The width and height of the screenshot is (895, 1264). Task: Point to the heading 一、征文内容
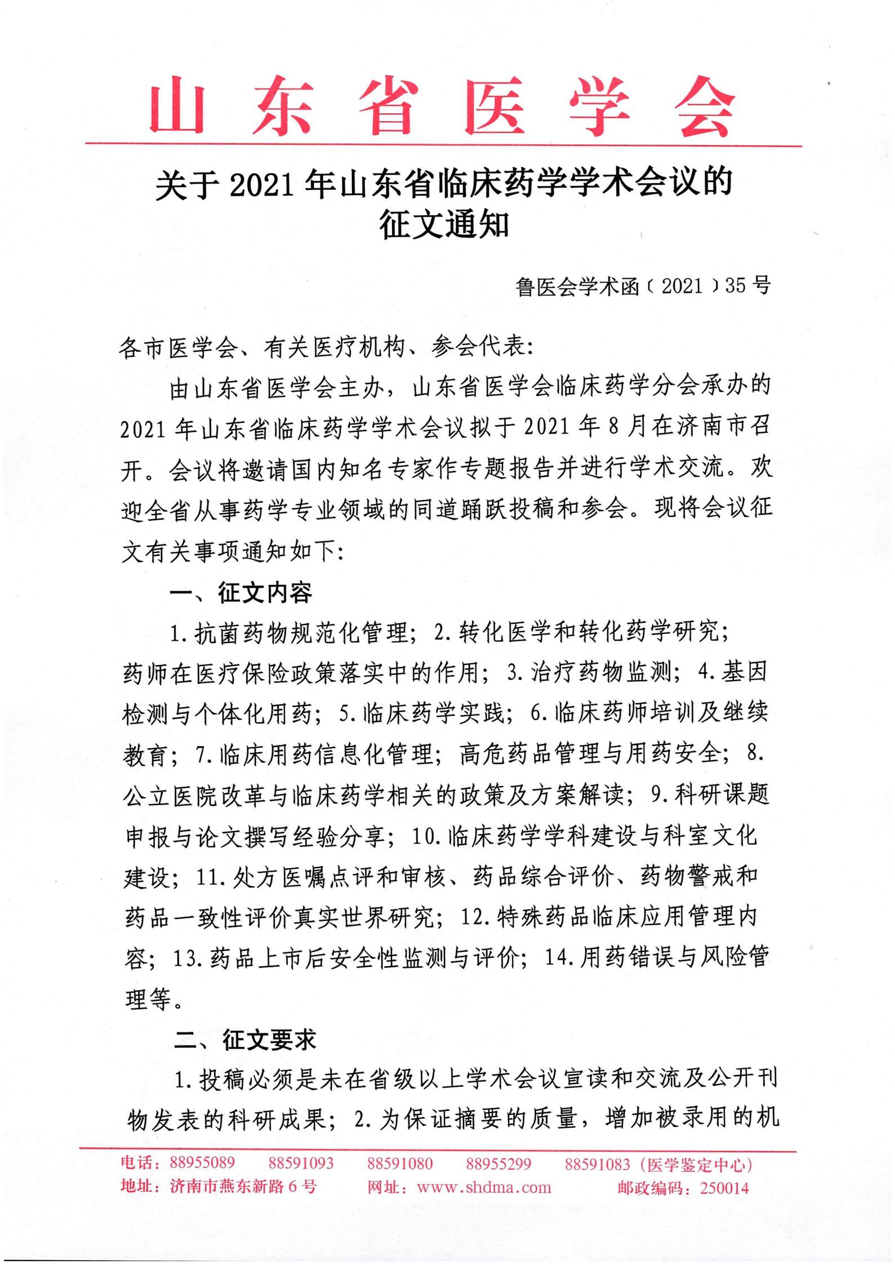241,593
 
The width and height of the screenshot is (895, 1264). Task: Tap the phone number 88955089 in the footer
202,1163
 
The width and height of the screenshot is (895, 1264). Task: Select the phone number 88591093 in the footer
301,1163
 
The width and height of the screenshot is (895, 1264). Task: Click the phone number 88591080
400,1163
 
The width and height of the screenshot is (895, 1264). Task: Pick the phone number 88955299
498,1163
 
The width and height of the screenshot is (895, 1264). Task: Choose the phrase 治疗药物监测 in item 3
601,673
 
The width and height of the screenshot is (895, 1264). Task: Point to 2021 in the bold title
263,185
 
